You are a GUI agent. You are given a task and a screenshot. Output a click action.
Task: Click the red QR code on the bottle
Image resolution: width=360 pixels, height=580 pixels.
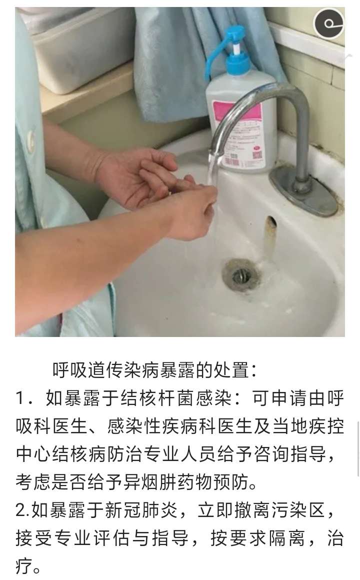257,153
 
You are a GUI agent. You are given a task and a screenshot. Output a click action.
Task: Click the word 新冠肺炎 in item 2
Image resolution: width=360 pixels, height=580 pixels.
141,509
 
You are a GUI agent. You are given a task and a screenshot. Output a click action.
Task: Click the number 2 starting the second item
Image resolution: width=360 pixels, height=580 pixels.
20,510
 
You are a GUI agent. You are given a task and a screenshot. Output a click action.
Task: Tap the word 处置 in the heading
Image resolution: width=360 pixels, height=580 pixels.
231,370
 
